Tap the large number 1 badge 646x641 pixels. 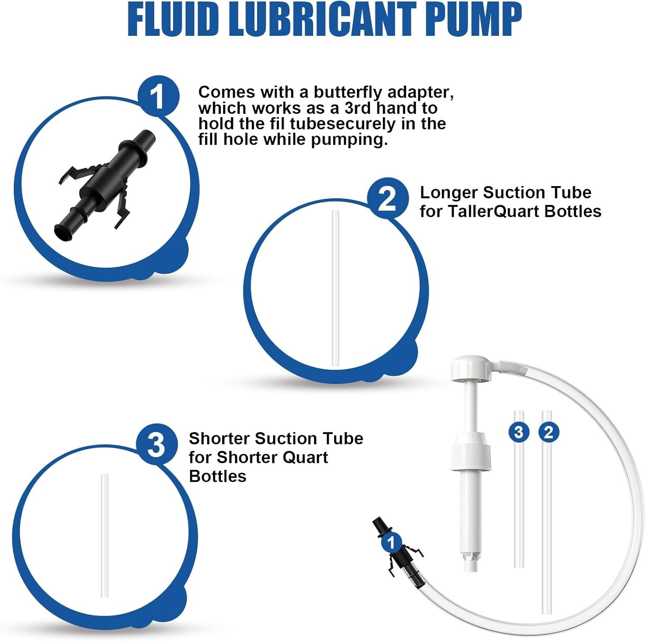[158, 96]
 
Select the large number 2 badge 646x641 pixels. [388, 199]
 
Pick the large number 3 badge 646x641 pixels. [156, 444]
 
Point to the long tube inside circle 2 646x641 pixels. [335, 289]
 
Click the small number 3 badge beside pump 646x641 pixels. [519, 432]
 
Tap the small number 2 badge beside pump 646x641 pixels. [549, 432]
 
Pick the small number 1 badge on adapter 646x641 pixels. [391, 542]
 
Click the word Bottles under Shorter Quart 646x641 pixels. [217, 476]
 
